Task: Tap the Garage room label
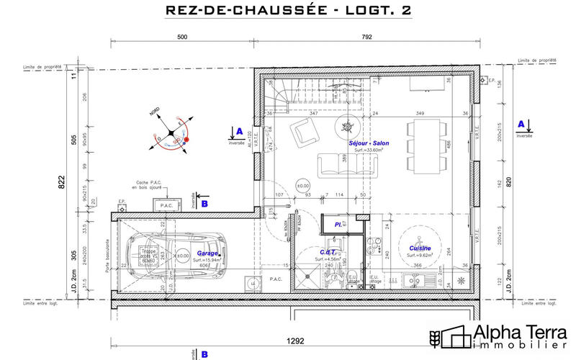[208, 253]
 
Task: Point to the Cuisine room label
[420, 247]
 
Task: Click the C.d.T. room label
[328, 252]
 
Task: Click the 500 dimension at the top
[182, 37]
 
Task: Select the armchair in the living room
[304, 132]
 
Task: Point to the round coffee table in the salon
[347, 127]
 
